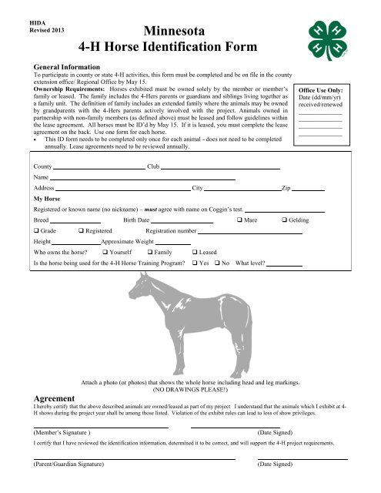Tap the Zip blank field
click(x=308, y=189)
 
